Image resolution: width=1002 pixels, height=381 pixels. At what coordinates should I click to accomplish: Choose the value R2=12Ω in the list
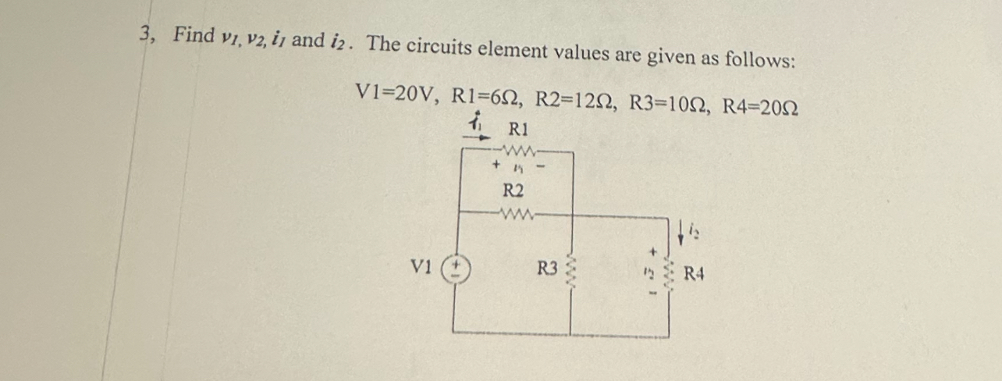click(x=576, y=100)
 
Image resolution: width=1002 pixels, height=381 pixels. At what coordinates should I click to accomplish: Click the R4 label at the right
click(x=695, y=274)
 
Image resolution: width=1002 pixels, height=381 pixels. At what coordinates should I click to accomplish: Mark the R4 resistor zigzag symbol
click(x=668, y=274)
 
